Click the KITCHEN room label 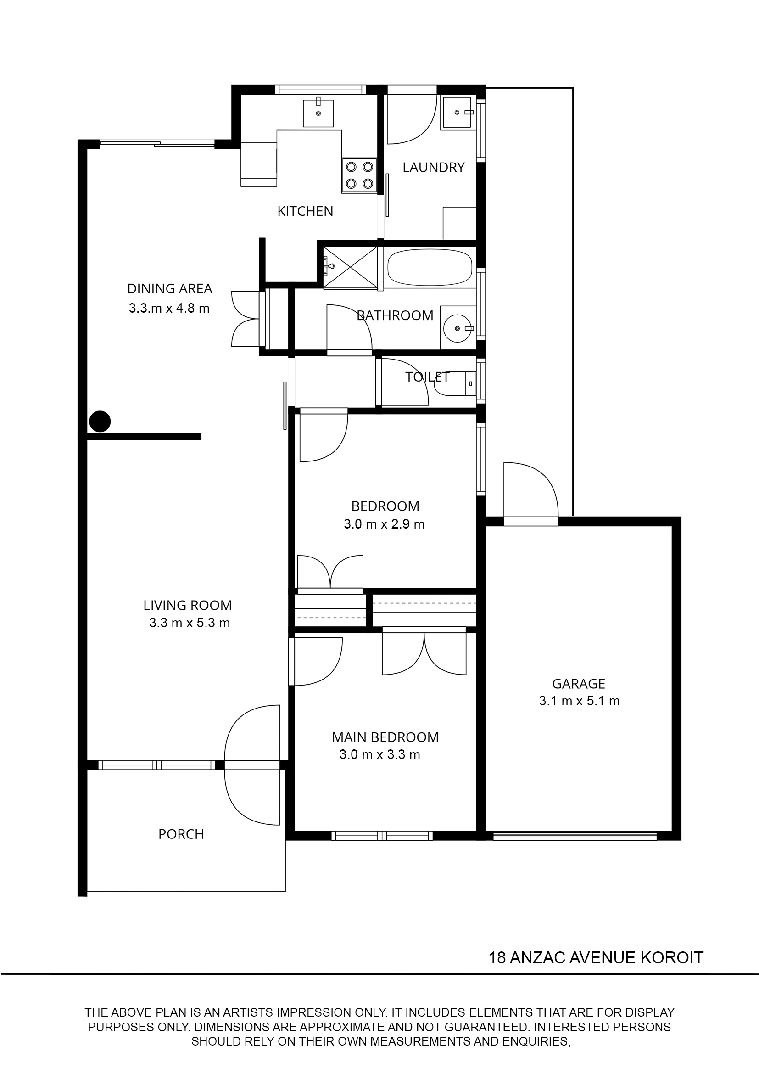(305, 211)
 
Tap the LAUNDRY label (433, 168)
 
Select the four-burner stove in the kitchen (359, 175)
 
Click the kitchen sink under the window (318, 113)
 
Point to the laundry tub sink (458, 112)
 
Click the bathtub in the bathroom (430, 267)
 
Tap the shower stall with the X (351, 267)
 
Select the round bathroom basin (458, 329)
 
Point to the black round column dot (100, 421)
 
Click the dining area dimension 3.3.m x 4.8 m (169, 309)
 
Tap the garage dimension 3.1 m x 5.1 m (579, 701)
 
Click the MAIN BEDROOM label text (385, 737)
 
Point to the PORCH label (181, 834)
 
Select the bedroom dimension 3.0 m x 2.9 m (384, 524)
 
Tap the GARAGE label (579, 684)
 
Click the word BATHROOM (395, 316)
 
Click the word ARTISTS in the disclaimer (249, 1012)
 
